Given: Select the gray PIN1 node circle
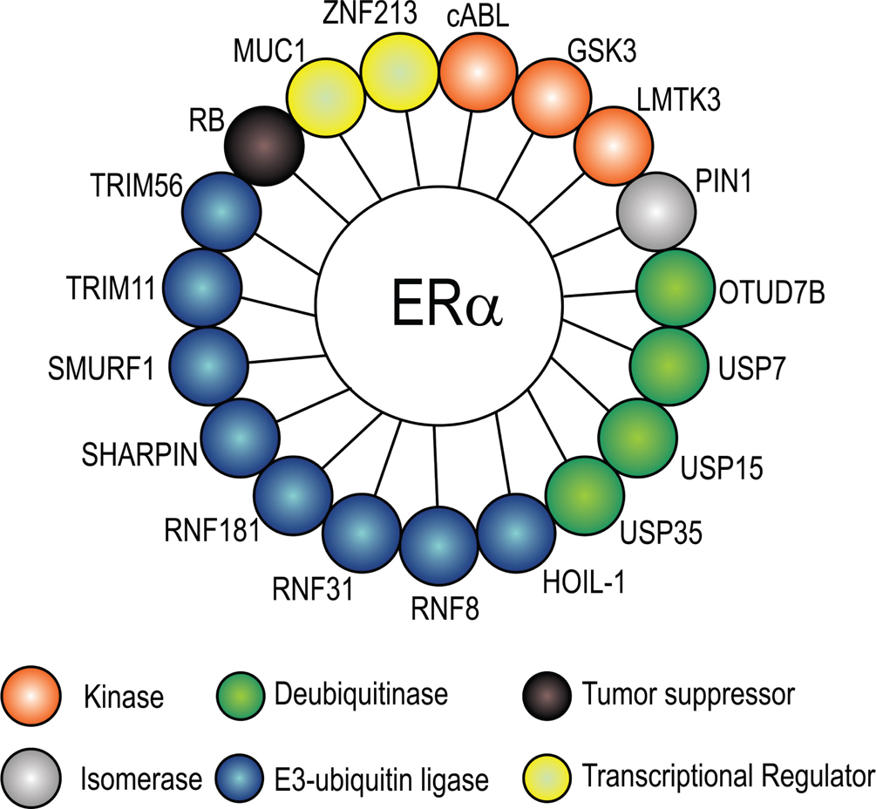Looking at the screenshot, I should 655,212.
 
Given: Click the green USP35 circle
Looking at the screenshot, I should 584,495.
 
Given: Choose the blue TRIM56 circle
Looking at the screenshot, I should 222,212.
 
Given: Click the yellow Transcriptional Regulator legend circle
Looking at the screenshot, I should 547,773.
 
